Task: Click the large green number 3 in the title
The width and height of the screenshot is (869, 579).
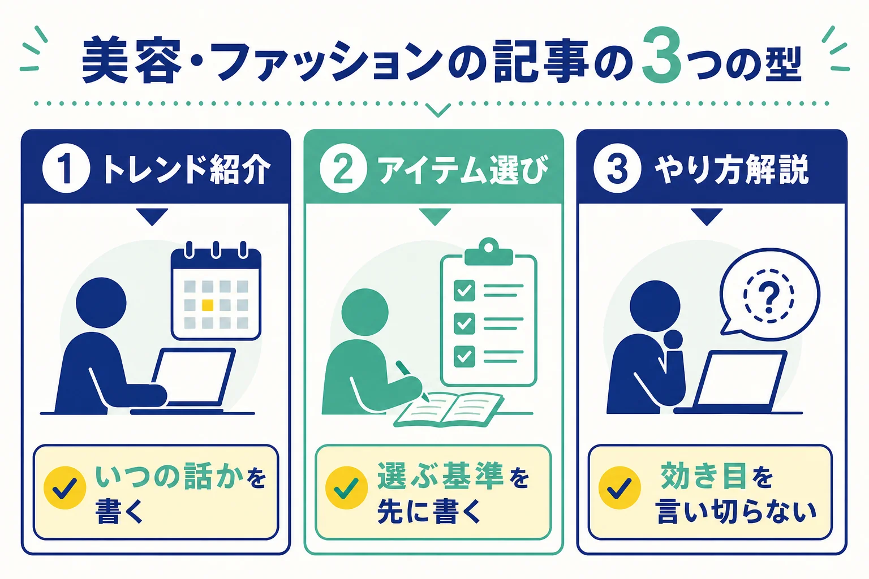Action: click(661, 55)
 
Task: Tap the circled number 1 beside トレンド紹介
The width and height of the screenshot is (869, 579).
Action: click(66, 168)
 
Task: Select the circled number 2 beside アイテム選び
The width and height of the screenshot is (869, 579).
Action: click(343, 168)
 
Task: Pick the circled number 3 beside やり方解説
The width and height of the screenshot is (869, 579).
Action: click(617, 168)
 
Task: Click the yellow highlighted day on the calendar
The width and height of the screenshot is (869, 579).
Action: click(208, 305)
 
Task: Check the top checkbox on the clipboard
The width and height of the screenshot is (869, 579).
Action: click(464, 291)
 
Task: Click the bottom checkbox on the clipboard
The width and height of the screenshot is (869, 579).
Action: click(464, 356)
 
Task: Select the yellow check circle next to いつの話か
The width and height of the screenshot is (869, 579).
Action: click(65, 487)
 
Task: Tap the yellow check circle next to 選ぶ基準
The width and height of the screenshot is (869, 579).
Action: click(346, 487)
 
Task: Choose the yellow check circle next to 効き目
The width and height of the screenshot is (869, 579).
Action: click(620, 487)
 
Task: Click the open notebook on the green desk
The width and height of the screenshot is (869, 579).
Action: click(449, 409)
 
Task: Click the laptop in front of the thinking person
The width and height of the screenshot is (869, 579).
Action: click(735, 381)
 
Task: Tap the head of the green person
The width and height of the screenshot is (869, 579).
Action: click(365, 313)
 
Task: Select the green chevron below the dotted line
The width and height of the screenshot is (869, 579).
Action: click(438, 110)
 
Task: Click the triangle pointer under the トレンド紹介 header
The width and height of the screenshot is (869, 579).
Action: click(152, 217)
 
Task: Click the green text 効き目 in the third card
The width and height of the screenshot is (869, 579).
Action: click(703, 476)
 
